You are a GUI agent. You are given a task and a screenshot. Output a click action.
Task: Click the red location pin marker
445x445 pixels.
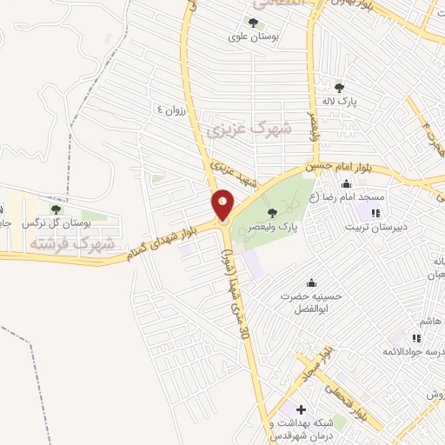point(223,205)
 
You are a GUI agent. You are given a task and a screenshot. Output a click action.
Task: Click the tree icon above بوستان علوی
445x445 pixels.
point(253,23)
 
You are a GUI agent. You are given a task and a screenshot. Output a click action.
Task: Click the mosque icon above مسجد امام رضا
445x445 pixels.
point(347,183)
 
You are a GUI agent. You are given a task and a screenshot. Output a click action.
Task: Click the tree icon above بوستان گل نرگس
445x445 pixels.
point(56,209)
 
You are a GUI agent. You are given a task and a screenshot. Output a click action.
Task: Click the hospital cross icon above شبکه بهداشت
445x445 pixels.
point(301,408)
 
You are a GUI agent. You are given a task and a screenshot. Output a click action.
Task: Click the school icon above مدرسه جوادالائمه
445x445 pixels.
point(416,337)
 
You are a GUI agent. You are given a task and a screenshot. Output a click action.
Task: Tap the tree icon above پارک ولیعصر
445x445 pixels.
point(273,212)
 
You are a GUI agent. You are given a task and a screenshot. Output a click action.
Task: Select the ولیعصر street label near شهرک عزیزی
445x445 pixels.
point(311,127)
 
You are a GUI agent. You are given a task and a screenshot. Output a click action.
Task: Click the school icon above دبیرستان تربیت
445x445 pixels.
point(375,213)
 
